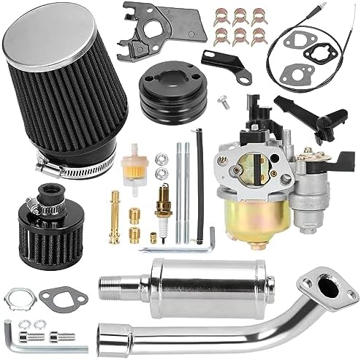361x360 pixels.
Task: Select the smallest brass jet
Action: (x=153, y=236)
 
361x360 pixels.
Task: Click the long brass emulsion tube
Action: (x=115, y=215)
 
